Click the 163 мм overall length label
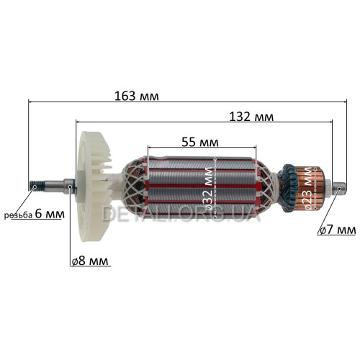point(136,96)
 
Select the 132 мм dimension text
point(251,117)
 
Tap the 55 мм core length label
point(200,142)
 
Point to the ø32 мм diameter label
point(208,189)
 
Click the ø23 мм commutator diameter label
point(309,189)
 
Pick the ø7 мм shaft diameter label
point(337,230)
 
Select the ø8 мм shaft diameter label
point(90,261)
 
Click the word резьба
point(18,215)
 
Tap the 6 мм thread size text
point(50,214)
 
